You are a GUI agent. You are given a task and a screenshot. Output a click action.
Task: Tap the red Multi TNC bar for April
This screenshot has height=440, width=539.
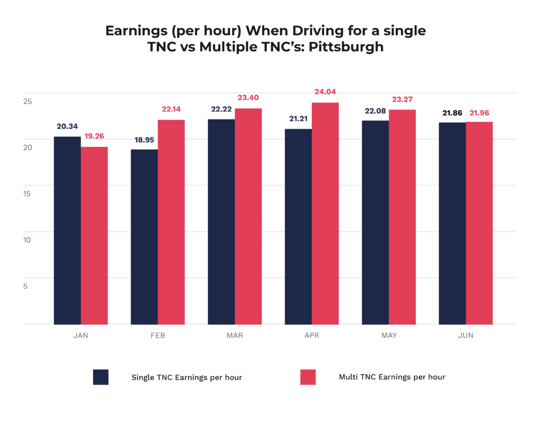pyautogui.click(x=325, y=213)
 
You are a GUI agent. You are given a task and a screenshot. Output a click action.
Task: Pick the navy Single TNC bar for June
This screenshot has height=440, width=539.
pyautogui.click(x=452, y=223)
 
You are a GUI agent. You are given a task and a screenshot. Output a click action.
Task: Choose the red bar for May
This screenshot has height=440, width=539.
pyautogui.click(x=402, y=217)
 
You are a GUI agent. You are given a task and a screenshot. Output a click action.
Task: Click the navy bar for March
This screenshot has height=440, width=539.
pyautogui.click(x=221, y=222)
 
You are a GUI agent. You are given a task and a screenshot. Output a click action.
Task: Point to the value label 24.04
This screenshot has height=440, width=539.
pyautogui.click(x=325, y=92)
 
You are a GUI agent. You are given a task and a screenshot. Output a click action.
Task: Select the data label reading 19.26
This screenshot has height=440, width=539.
pyautogui.click(x=95, y=136)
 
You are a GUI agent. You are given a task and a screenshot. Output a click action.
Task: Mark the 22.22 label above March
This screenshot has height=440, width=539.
pyautogui.click(x=221, y=108)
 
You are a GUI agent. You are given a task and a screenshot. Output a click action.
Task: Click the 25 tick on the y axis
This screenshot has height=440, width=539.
pyautogui.click(x=27, y=101)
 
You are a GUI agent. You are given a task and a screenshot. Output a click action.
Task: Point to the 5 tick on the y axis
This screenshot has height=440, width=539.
pyautogui.click(x=25, y=286)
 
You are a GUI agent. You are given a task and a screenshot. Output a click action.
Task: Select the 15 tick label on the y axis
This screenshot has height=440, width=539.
pyautogui.click(x=27, y=194)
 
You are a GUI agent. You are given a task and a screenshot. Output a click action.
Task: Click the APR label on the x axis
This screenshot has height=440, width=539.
pyautogui.click(x=312, y=335)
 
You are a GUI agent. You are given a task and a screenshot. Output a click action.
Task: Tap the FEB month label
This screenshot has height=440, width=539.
pyautogui.click(x=157, y=335)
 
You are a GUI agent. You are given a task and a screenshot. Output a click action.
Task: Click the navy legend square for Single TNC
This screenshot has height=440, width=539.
pyautogui.click(x=101, y=377)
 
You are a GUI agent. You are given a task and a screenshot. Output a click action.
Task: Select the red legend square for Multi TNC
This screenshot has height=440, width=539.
pyautogui.click(x=307, y=377)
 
